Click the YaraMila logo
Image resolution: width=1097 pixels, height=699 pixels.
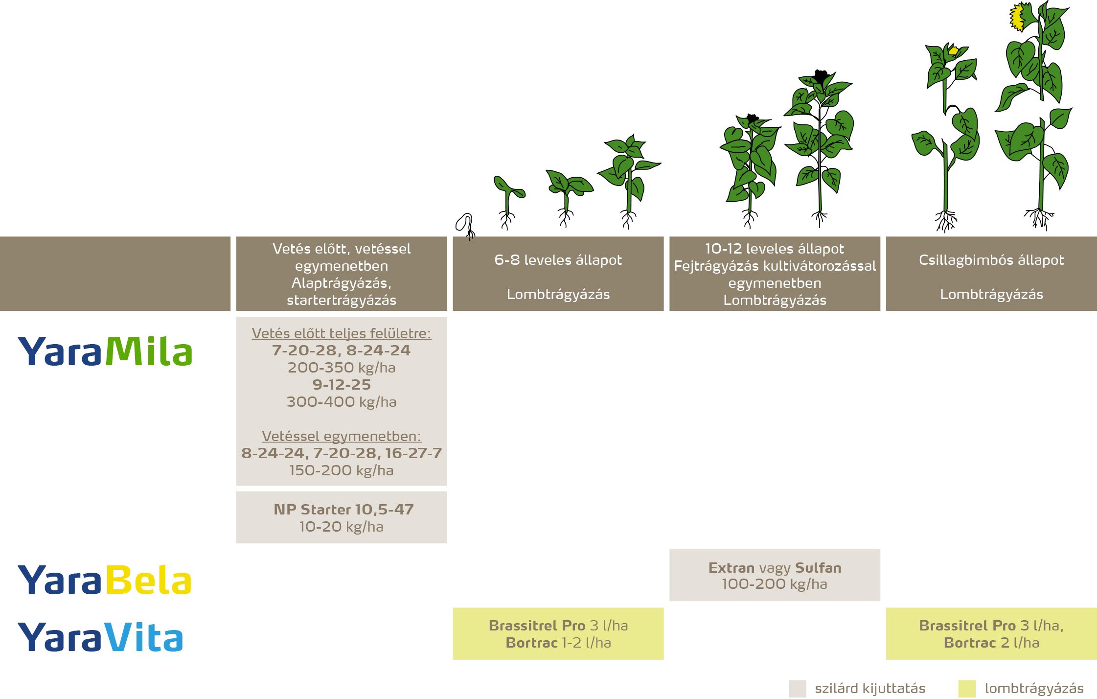[105, 351]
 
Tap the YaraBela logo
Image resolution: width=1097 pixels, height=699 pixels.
[104, 580]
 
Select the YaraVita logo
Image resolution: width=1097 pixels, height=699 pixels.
[100, 637]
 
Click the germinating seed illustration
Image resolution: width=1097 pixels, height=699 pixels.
[465, 225]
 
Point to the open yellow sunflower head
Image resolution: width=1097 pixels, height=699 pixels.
[1018, 17]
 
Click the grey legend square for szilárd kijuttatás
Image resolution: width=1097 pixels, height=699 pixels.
[797, 688]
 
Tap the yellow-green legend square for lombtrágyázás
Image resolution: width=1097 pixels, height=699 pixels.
[966, 688]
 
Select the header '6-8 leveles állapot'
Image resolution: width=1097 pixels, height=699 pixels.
[558, 260]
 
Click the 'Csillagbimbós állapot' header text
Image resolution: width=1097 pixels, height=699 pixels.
[991, 260]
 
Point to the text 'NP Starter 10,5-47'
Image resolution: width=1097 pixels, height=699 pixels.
[343, 510]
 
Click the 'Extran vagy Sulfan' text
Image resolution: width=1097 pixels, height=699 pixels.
[775, 568]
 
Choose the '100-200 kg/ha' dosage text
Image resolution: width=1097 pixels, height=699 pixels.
[775, 584]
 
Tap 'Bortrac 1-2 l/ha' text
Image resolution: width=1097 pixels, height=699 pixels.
[558, 643]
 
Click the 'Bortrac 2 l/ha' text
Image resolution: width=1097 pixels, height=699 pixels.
[991, 643]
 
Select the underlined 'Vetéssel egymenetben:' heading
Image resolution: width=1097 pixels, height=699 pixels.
[342, 436]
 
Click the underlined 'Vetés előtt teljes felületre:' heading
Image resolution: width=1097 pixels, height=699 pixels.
[342, 333]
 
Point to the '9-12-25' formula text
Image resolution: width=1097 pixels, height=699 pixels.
[342, 385]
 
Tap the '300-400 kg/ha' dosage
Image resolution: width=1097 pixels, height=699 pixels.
[342, 402]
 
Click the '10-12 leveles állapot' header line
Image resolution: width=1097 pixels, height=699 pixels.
[775, 249]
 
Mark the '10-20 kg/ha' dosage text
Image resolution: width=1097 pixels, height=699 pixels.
[342, 527]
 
